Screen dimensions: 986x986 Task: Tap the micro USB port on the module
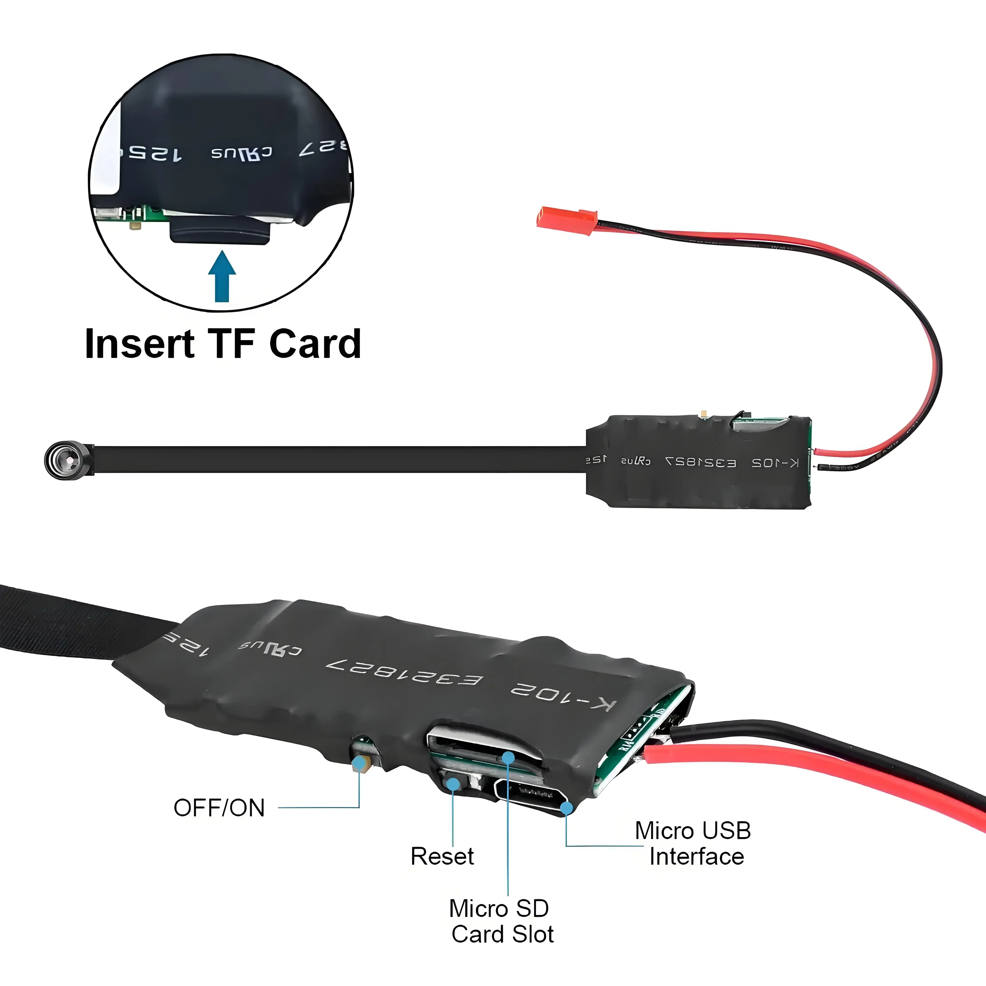point(531,792)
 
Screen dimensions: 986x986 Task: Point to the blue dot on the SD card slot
point(508,757)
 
